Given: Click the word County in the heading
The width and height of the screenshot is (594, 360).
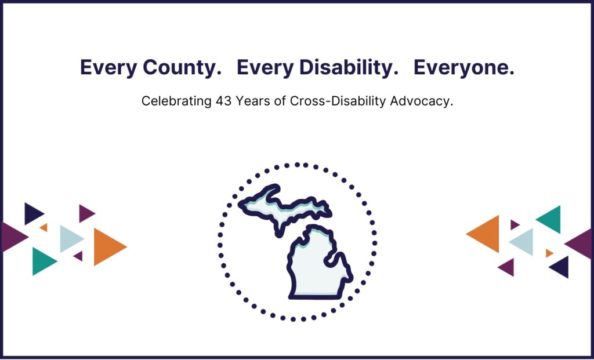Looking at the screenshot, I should point(183,68).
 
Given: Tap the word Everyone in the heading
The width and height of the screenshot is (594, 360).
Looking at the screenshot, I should point(463,68).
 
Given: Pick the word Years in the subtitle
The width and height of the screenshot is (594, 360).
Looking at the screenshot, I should point(251,101).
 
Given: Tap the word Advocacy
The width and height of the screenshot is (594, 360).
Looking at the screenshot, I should point(423,101).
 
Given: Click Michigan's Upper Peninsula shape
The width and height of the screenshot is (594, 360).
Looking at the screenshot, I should point(284,205).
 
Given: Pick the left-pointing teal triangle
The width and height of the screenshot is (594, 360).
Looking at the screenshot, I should point(550,219).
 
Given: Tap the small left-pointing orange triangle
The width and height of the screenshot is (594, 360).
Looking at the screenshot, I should point(549,253).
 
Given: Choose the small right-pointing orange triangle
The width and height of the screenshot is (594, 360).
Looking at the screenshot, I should point(44,228).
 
